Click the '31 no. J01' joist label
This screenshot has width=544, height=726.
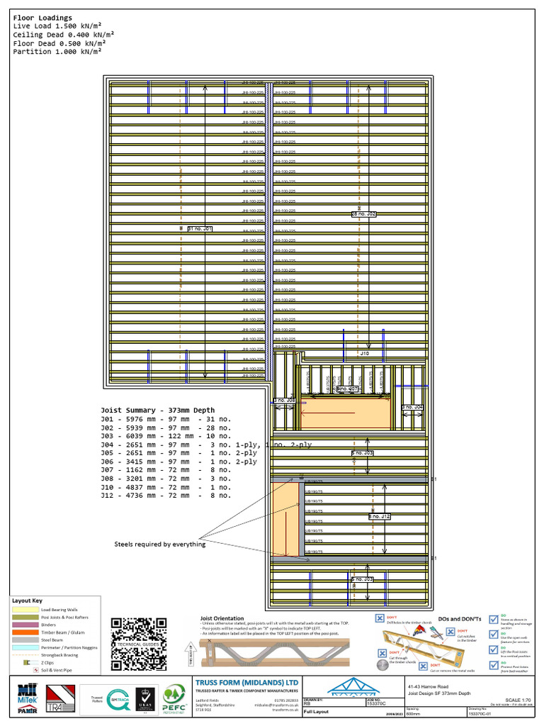click(x=199, y=229)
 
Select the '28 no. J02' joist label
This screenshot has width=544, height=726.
click(x=364, y=213)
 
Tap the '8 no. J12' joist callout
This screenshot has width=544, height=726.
click(x=380, y=517)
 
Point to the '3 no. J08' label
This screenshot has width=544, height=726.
click(x=284, y=401)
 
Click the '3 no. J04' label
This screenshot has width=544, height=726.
click(x=412, y=407)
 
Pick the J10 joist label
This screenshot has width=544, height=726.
click(x=365, y=353)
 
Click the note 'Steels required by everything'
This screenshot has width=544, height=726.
click(x=160, y=544)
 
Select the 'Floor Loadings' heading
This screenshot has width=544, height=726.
click(x=42, y=18)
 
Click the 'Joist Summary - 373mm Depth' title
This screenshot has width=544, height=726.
click(x=157, y=411)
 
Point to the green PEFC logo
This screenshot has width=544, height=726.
click(x=174, y=698)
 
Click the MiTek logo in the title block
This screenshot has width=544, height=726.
click(x=26, y=698)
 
